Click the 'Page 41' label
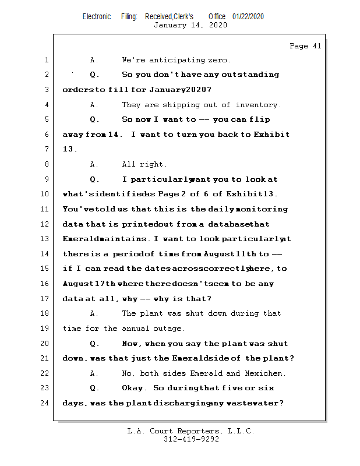305,46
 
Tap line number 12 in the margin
45,224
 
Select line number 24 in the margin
45,403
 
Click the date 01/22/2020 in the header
248,16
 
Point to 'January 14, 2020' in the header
190,25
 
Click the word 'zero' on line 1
219,60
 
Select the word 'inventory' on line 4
257,105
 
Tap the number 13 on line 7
69,150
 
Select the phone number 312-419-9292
191,439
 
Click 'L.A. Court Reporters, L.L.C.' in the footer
190,431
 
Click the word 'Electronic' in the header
97,16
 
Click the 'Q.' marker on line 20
95,344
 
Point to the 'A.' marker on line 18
94,313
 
